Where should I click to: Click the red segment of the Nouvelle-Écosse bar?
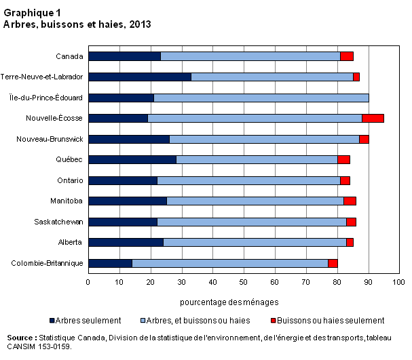(373, 119)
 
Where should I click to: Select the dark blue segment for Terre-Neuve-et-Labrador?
(140, 77)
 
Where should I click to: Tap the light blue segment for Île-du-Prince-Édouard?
(261, 98)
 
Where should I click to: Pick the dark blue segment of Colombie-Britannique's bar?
(111, 263)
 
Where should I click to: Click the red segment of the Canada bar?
(347, 56)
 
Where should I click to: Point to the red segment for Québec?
(343, 159)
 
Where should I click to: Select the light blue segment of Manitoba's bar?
(255, 201)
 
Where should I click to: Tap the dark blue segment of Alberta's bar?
(126, 243)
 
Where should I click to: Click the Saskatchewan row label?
(58, 222)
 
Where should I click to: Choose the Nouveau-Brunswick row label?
(50, 139)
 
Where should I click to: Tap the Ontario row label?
(70, 180)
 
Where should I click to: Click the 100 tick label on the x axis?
(398, 282)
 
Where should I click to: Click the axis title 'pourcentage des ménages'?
(229, 302)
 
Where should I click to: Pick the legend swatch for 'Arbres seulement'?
(52, 321)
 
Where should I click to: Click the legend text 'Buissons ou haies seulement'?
(331, 321)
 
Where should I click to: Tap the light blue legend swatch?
(143, 321)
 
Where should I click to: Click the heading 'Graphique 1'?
(32, 13)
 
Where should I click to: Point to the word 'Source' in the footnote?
(20, 338)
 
